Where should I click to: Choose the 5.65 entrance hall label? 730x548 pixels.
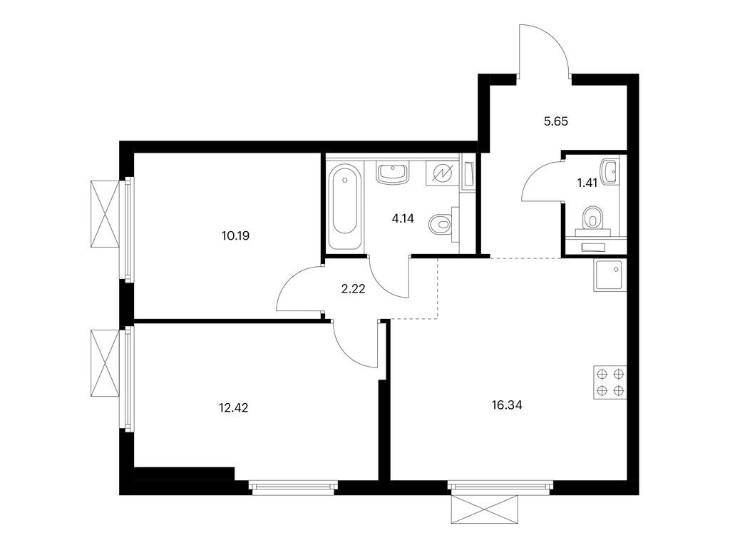(x=557, y=121)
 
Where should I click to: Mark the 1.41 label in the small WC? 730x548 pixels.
(x=587, y=183)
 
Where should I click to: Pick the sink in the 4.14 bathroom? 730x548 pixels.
(x=391, y=173)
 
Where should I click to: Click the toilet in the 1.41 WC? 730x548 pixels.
(x=592, y=218)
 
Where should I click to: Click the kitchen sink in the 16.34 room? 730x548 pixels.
(x=608, y=275)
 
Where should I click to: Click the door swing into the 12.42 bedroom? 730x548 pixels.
(x=356, y=345)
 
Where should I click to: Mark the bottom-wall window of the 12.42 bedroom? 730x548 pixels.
(x=292, y=488)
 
